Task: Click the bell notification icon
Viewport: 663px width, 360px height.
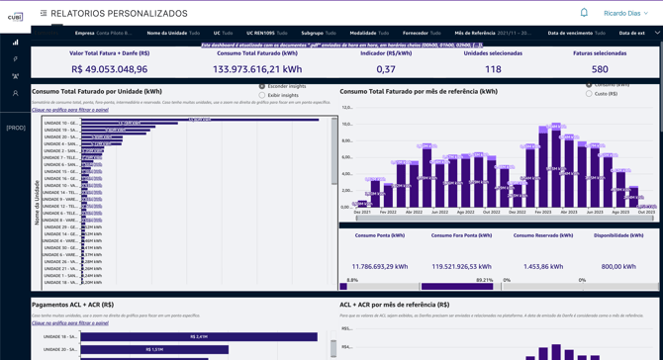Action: (x=584, y=13)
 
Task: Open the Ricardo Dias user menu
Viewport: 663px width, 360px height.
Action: (x=625, y=14)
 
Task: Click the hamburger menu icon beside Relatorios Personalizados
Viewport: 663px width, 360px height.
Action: (x=44, y=14)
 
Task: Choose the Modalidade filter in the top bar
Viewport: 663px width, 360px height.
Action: (x=370, y=33)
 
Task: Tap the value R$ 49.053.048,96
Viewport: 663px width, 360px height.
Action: (x=110, y=69)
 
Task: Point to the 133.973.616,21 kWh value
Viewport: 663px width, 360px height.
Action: (x=256, y=69)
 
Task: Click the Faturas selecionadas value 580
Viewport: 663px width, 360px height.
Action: (x=600, y=69)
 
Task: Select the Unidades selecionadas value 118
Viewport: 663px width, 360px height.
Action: (x=493, y=69)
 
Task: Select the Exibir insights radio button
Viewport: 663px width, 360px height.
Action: (x=262, y=95)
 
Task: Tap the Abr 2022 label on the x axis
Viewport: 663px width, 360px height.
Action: (x=414, y=212)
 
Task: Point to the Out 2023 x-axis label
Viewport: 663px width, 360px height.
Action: (x=646, y=212)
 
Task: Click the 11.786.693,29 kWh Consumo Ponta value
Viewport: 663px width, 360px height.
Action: (x=380, y=266)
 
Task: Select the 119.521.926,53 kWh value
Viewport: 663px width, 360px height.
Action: (x=463, y=266)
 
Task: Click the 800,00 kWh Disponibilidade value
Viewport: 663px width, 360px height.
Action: (x=618, y=266)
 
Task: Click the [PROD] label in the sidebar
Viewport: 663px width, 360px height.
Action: (x=16, y=128)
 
